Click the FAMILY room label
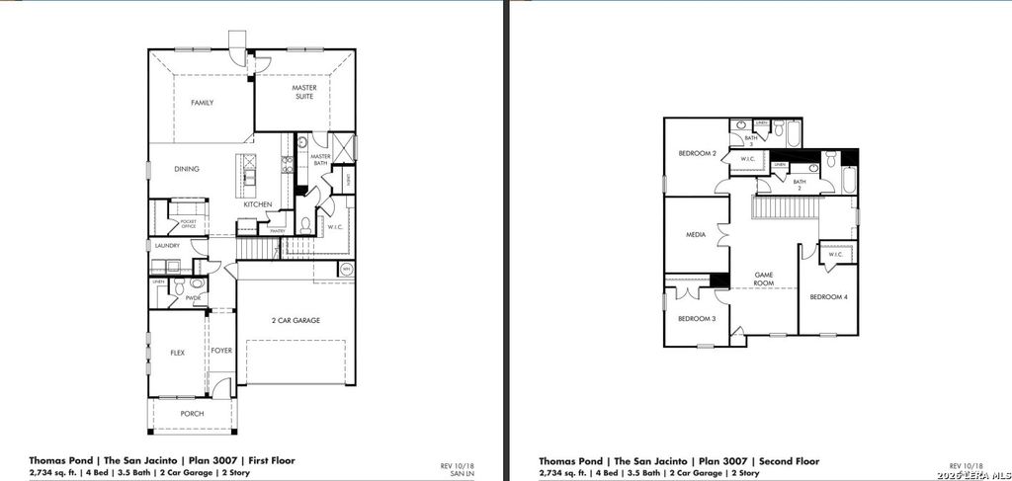202,103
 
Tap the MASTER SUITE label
303,92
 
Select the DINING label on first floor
187,169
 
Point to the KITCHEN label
258,204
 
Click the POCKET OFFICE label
188,224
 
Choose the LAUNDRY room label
165,245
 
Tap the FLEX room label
177,352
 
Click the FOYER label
222,350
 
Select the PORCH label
192,413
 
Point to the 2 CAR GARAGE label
296,320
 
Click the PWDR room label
193,297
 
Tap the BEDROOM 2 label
697,153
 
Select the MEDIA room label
695,235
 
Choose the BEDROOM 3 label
697,318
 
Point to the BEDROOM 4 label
828,296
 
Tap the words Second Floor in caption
787,460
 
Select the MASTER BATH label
320,159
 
